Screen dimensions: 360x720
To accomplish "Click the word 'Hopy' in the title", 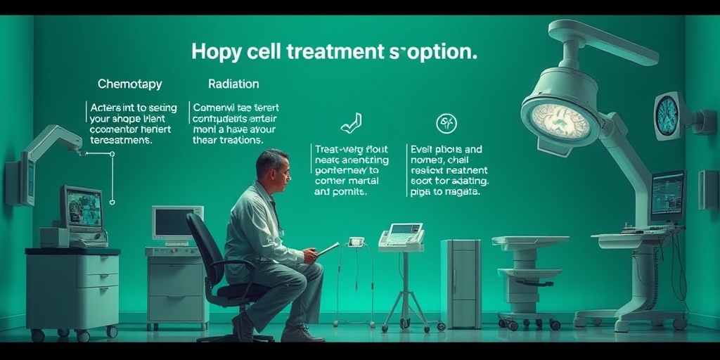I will (215, 52).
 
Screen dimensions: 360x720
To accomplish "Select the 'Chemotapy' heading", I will (129, 84).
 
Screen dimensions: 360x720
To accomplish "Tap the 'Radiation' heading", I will (233, 84).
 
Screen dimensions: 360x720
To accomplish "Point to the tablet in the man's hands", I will (328, 248).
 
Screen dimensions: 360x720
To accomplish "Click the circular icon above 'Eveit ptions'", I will (446, 124).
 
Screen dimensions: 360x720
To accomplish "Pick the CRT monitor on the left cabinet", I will (81, 209).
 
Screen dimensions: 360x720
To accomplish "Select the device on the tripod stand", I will (401, 237).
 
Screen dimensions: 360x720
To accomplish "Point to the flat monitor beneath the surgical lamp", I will (667, 195).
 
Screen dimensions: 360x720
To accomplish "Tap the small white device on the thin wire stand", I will (356, 242).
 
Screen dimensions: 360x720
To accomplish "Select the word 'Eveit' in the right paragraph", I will (423, 149).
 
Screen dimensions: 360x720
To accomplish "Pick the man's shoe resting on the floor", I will (302, 333).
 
